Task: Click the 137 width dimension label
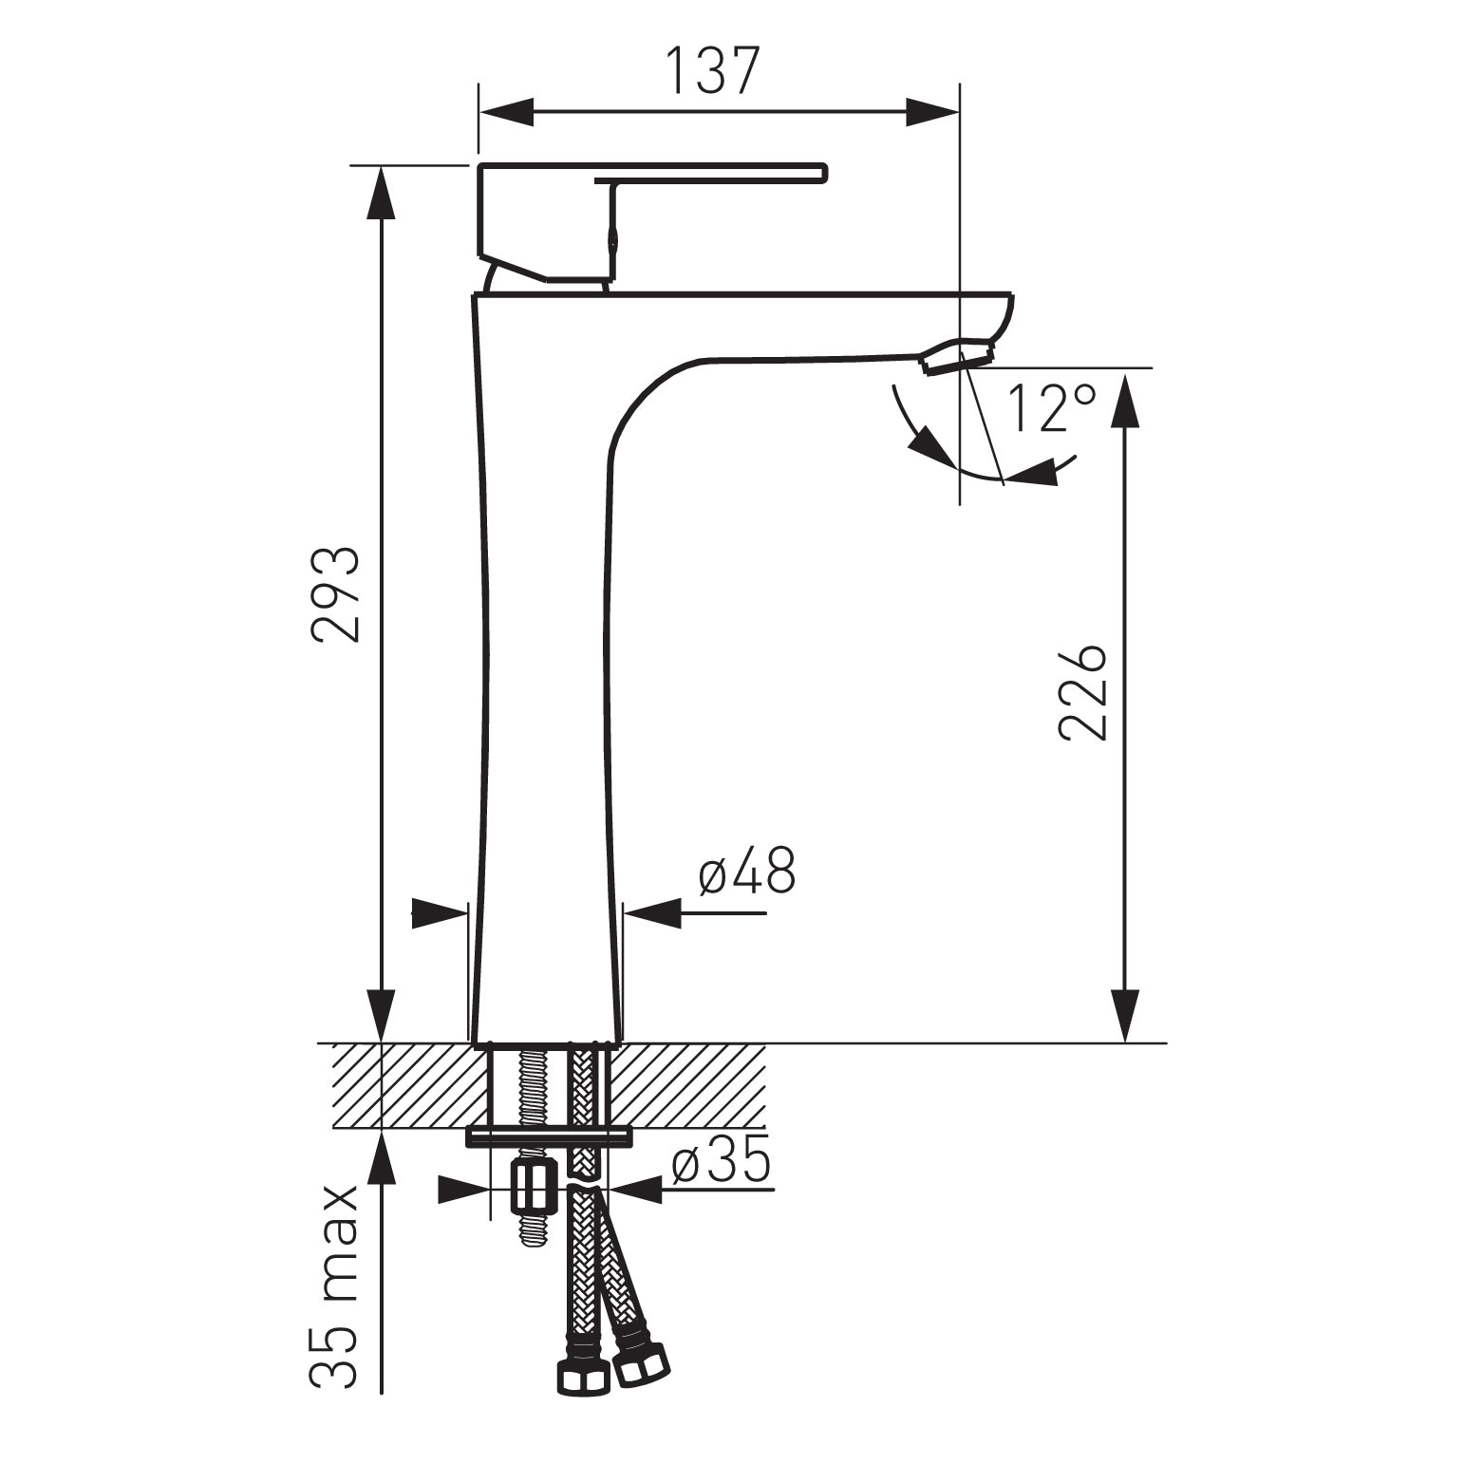point(712,70)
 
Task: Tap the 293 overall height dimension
point(338,594)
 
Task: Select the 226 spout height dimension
point(1082,693)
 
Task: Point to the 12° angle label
point(1052,408)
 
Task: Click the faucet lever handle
point(653,222)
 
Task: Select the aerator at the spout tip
point(957,358)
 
